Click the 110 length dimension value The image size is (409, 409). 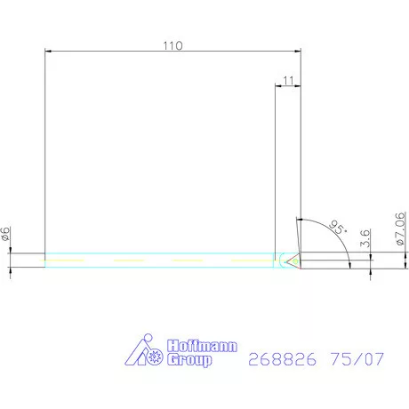click(x=172, y=45)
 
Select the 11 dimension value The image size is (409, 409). click(x=286, y=80)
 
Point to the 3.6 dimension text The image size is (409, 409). click(x=365, y=238)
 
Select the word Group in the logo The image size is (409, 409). click(x=191, y=360)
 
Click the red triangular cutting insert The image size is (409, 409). click(x=293, y=260)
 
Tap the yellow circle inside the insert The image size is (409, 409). click(x=295, y=260)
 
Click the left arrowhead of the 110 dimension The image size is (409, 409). click(x=48, y=52)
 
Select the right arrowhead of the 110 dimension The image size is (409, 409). click(x=297, y=52)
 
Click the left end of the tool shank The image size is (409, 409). click(x=45, y=260)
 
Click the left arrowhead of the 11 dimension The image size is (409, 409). click(x=277, y=86)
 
